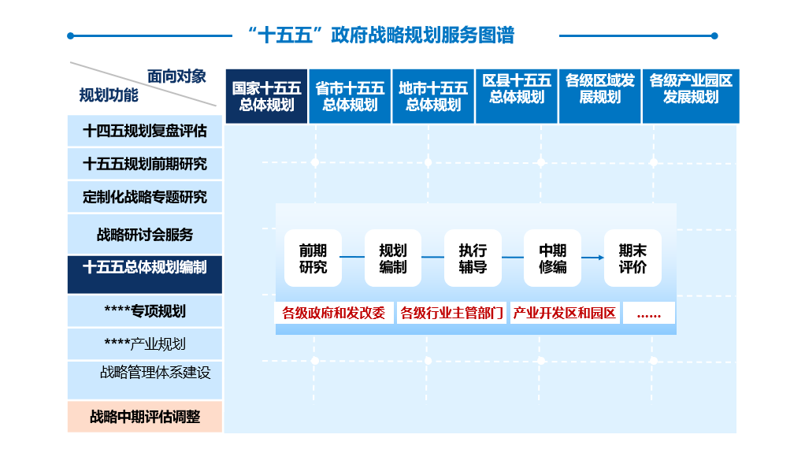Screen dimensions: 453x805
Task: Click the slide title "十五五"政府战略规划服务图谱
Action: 380,35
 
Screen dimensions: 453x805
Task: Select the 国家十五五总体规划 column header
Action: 266,96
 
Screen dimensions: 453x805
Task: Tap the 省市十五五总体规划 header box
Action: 350,96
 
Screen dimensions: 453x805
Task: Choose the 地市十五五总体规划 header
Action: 433,96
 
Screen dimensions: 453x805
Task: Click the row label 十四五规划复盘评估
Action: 145,131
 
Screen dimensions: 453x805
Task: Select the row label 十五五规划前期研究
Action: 145,164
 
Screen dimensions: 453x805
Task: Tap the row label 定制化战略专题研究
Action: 145,197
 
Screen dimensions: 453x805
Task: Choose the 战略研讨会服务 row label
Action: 145,235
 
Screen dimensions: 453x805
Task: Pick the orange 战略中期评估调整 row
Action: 145,417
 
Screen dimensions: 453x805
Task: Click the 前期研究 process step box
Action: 313,258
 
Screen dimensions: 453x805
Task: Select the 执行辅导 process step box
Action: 473,258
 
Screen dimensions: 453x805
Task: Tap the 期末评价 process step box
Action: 632,258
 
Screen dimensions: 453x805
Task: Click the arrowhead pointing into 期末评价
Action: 599,258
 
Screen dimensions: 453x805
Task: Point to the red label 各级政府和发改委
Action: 334,313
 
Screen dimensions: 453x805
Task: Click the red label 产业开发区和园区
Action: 565,313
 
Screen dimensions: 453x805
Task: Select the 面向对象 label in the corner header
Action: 176,76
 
